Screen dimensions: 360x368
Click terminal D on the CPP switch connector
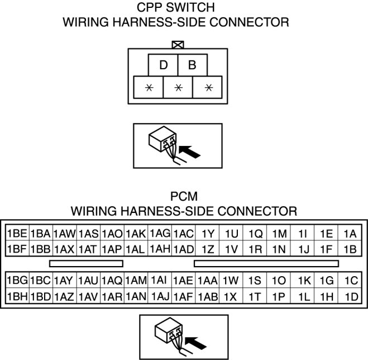click(163, 65)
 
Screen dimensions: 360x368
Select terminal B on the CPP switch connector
click(192, 65)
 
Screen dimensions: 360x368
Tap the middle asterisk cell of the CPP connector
click(178, 88)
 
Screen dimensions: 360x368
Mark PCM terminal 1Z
click(208, 249)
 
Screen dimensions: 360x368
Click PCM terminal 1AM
click(136, 280)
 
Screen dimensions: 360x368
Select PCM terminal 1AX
click(64, 249)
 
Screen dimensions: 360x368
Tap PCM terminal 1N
click(279, 249)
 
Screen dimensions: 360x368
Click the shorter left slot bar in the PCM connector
click(86, 263)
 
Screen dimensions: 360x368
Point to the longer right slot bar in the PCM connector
click(266, 263)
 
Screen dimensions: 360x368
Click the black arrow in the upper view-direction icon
click(190, 150)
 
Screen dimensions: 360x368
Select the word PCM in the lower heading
click(184, 197)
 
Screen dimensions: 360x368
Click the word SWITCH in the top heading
click(197, 8)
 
